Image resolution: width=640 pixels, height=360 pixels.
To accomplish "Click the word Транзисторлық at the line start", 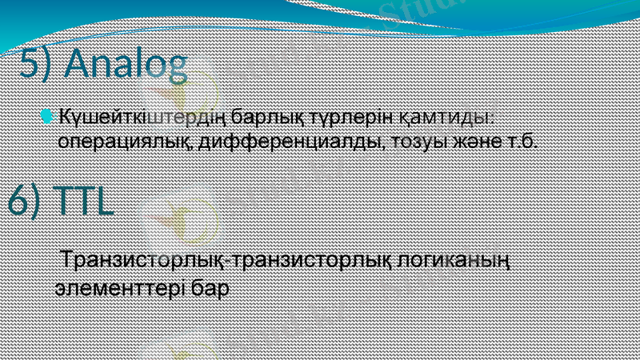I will pos(145,262).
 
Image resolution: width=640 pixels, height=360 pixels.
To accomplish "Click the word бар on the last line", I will pos(211,286).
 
